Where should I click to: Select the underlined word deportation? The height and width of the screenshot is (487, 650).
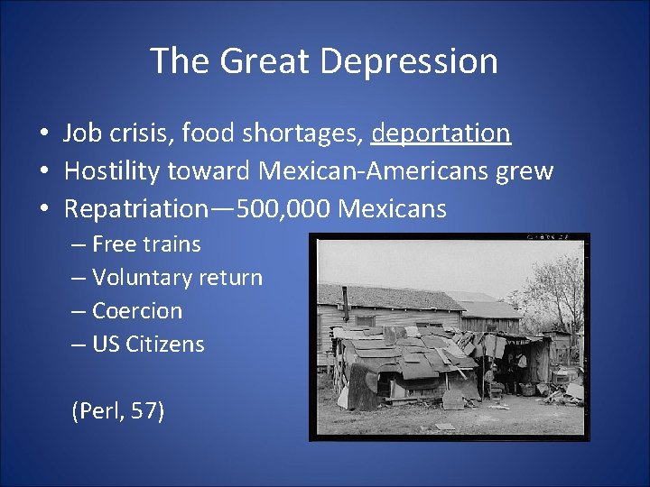click(x=441, y=133)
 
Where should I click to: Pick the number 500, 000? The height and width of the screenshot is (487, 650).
click(x=282, y=209)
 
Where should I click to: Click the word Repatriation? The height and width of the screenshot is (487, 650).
click(x=136, y=209)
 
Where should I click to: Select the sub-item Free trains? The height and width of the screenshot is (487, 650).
click(x=146, y=243)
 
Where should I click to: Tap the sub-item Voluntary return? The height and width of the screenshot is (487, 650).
click(x=177, y=278)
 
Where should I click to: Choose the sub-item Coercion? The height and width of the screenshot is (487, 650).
click(x=137, y=311)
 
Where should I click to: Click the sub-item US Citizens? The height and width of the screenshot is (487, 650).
click(x=148, y=345)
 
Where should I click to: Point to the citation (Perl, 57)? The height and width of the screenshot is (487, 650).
click(x=117, y=412)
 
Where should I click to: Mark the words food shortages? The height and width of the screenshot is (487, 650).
click(x=273, y=133)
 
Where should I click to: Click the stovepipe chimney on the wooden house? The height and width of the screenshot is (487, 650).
click(x=346, y=305)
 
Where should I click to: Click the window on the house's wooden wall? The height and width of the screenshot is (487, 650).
click(x=366, y=321)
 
